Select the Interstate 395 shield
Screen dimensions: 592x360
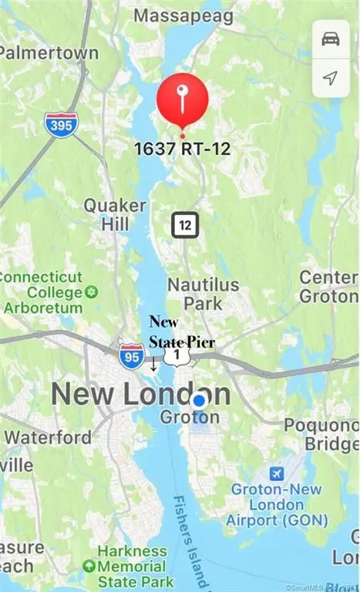[x=61, y=124]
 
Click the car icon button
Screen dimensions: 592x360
[x=330, y=39]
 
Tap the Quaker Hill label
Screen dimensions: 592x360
[x=114, y=215]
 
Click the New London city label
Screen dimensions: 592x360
[x=140, y=395]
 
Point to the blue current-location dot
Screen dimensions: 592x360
[x=200, y=400]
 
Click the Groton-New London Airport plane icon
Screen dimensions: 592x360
[x=275, y=472]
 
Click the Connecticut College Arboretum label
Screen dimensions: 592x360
[x=44, y=292]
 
